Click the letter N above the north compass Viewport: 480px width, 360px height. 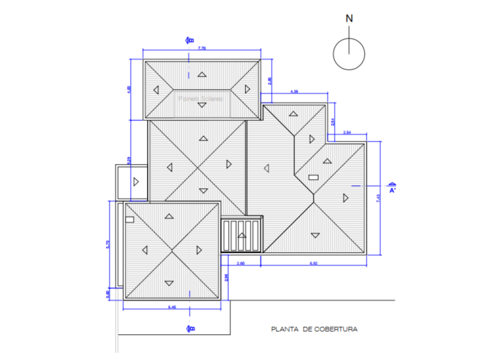tap(349, 19)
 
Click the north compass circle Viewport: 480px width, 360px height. tap(349, 53)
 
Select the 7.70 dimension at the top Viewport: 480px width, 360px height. tap(202, 48)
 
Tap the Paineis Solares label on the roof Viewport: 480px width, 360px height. tap(200, 99)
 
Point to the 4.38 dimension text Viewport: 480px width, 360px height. tap(294, 91)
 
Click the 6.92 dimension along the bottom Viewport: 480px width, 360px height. tap(314, 263)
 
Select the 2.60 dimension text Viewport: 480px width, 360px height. tap(240, 263)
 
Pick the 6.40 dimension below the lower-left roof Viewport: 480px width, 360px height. tap(172, 308)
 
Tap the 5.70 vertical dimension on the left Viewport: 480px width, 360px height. tap(108, 244)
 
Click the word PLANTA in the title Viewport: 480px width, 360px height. tap(284, 329)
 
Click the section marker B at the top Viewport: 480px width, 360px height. tap(190, 40)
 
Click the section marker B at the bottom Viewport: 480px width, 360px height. tap(190, 329)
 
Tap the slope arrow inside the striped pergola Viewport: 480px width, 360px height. tap(241, 236)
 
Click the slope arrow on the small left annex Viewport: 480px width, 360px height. tap(136, 182)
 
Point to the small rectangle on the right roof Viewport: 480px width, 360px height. tap(313, 177)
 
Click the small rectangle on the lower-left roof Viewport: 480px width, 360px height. tap(129, 219)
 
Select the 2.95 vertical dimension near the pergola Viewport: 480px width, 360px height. tap(227, 277)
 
